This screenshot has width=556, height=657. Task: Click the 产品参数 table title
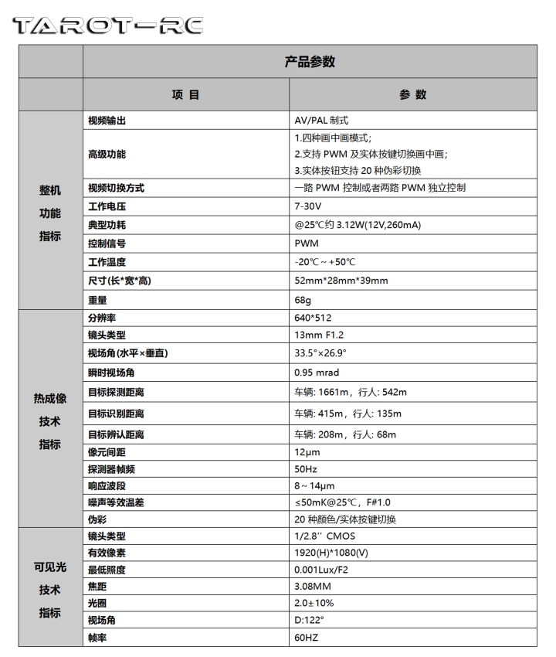[309, 63]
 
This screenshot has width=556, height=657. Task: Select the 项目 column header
[185, 95]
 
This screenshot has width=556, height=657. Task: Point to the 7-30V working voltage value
[309, 206]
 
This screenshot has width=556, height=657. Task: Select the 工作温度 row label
[107, 262]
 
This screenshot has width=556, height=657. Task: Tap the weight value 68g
[304, 299]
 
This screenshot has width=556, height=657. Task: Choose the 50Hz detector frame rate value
[307, 469]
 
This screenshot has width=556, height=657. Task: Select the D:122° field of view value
[310, 621]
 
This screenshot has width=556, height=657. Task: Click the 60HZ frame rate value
[307, 638]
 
